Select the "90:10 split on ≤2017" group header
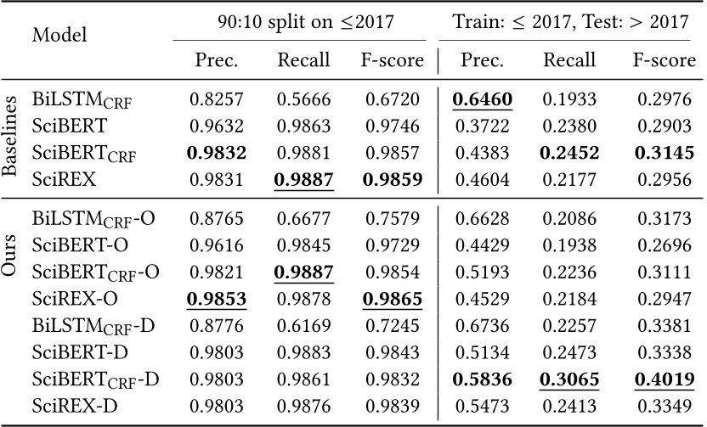[299, 22]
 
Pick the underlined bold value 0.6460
[482, 100]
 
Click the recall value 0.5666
[298, 100]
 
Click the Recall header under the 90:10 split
[298, 60]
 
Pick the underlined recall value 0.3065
[571, 379]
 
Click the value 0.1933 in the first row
[571, 100]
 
